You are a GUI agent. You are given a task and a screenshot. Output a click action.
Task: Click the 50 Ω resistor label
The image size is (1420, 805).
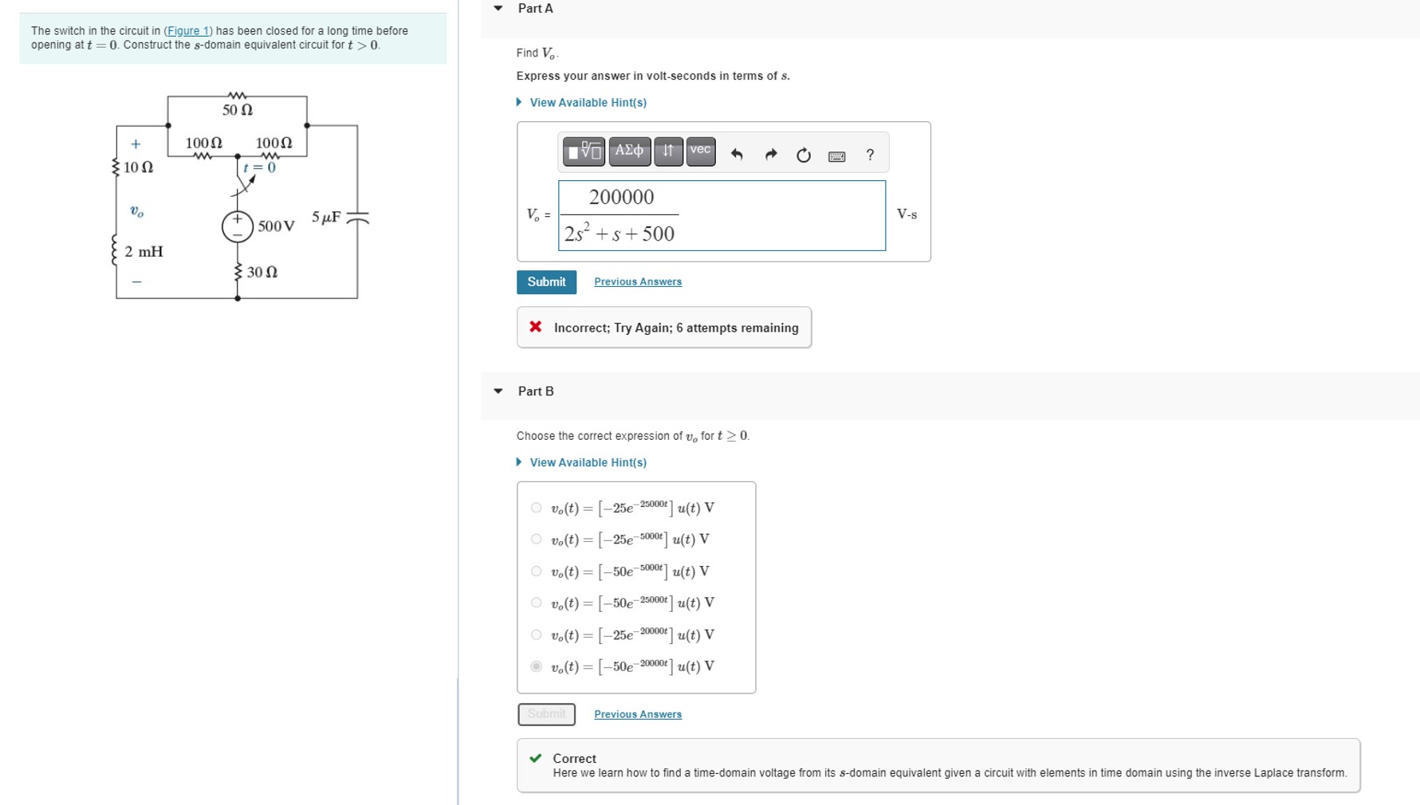click(x=238, y=110)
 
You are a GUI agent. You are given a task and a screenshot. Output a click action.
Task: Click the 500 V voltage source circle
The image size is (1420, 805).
click(x=237, y=226)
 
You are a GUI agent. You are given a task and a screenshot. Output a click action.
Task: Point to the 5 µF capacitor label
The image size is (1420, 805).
click(x=326, y=217)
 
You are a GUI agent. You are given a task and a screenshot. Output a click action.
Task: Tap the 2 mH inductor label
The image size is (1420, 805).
click(x=144, y=252)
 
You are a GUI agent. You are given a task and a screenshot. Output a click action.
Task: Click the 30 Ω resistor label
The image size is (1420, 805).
click(x=262, y=272)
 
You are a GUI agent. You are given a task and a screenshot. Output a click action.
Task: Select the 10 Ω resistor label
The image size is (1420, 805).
click(x=138, y=167)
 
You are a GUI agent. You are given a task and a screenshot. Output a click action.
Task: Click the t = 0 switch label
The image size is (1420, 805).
click(x=260, y=167)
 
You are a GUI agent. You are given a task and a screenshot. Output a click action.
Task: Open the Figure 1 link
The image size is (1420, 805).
click(x=188, y=30)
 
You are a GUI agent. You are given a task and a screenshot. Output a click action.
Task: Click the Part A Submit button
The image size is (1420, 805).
click(x=546, y=282)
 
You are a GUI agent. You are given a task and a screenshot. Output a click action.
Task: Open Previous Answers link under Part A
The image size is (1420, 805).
click(x=637, y=282)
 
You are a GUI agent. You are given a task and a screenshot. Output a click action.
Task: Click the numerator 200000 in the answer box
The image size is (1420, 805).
click(x=621, y=197)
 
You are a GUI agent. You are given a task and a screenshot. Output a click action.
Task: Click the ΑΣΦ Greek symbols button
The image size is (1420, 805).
click(x=629, y=151)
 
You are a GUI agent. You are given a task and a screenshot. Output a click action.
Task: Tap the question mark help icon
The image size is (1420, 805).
click(x=870, y=155)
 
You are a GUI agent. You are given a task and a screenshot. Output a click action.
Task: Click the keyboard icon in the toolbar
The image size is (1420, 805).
click(x=836, y=156)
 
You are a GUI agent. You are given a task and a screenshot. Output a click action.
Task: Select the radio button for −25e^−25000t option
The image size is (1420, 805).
click(x=536, y=508)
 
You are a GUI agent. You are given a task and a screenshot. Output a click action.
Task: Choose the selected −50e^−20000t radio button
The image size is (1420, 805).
click(x=536, y=666)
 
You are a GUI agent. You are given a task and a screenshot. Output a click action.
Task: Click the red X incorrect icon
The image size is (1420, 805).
click(x=536, y=327)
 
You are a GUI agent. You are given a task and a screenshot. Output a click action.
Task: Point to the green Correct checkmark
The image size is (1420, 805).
click(x=536, y=758)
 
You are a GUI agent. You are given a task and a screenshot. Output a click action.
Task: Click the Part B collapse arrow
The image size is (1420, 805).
click(x=498, y=391)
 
